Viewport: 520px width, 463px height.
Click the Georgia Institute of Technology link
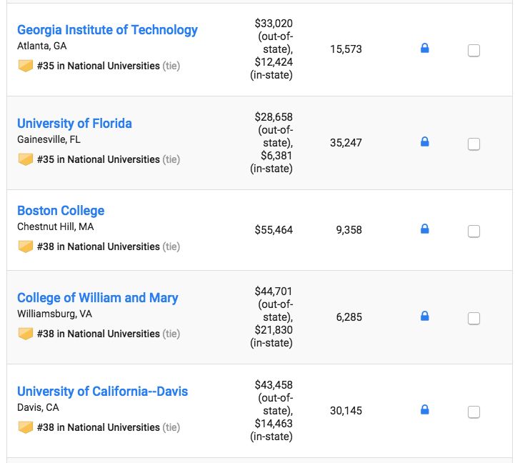[x=107, y=30]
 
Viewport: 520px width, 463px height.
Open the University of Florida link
[x=74, y=124]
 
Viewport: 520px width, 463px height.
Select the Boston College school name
[x=61, y=211]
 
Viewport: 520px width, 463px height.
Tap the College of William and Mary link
[x=98, y=298]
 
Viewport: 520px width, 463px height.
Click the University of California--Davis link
[x=102, y=392]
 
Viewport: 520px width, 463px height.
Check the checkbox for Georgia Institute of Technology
[x=474, y=51]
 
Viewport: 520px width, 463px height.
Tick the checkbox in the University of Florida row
[x=474, y=144]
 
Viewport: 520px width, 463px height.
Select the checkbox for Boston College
[x=474, y=231]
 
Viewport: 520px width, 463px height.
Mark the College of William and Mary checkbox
[x=474, y=319]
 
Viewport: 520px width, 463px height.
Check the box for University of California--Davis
[x=474, y=412]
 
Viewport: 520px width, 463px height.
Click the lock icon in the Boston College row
[x=424, y=229]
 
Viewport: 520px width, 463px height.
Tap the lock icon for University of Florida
[x=424, y=142]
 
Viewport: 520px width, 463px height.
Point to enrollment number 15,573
[x=346, y=49]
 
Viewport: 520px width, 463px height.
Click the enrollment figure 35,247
[x=346, y=143]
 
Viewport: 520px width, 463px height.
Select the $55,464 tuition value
[x=274, y=230]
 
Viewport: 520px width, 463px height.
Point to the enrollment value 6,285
[x=350, y=317]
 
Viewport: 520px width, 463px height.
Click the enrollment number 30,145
[x=346, y=411]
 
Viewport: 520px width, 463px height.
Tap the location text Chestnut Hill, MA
[x=55, y=227]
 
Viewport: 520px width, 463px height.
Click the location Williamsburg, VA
[x=54, y=314]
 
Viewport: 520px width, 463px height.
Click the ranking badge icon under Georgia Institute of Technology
[x=26, y=66]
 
